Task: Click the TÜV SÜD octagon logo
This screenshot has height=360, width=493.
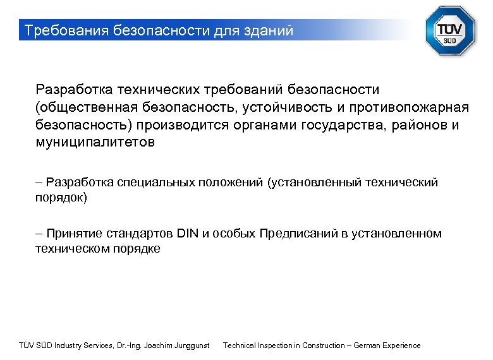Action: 450,31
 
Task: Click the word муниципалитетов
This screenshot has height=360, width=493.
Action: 95,143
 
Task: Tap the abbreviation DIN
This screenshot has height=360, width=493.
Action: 187,234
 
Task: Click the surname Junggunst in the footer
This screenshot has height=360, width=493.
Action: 189,345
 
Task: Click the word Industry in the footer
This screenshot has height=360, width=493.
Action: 69,345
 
